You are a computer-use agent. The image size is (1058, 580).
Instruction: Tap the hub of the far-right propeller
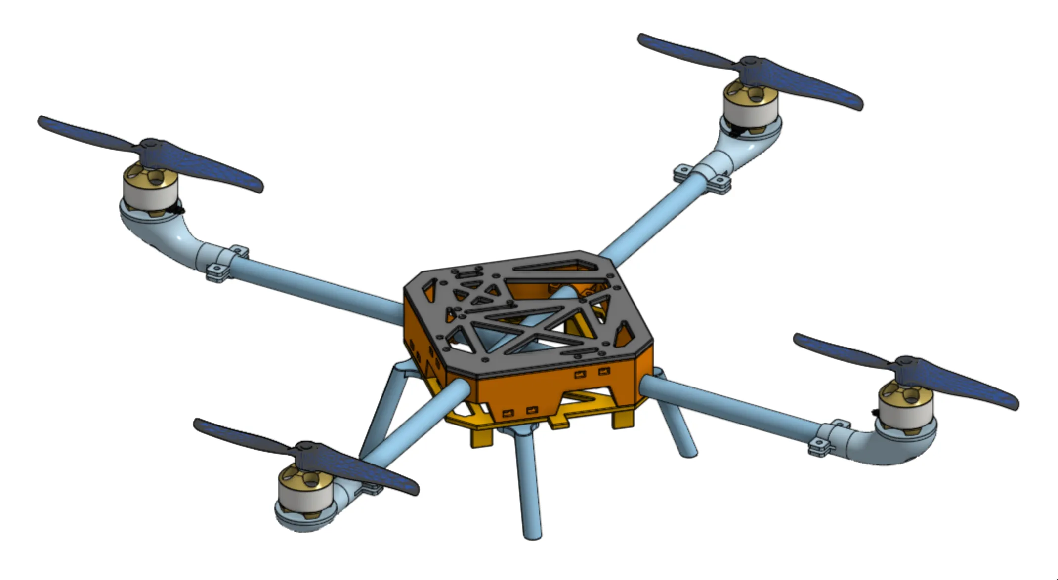point(907,363)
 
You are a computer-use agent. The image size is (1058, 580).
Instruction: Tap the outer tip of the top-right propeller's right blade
point(857,104)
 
